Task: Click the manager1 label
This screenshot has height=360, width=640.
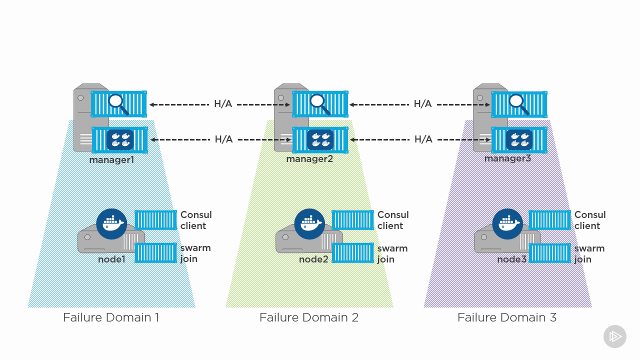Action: [111, 160]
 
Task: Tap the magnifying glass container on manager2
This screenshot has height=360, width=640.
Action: [320, 104]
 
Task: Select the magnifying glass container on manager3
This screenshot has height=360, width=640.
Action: [519, 104]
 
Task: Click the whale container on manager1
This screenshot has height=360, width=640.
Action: [120, 140]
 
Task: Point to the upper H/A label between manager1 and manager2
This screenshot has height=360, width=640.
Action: [223, 104]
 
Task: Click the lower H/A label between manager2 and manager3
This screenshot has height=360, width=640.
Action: [423, 139]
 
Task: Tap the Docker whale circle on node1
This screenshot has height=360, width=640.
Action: [111, 223]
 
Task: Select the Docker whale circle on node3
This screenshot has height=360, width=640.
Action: [507, 223]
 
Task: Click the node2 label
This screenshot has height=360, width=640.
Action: [313, 259]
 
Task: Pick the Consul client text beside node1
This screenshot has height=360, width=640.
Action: [195, 220]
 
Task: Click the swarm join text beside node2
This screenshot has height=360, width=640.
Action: [392, 253]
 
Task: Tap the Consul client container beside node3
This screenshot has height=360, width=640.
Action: [549, 220]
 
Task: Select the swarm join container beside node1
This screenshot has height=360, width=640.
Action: [155, 253]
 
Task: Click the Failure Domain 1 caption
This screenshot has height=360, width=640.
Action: [111, 317]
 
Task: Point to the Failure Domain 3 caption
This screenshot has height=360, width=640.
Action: [506, 317]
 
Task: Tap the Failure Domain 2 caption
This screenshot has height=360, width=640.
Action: [308, 317]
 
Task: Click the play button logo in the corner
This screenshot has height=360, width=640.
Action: [614, 336]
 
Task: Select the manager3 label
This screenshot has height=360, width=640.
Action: [507, 158]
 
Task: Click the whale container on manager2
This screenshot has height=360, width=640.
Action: [320, 140]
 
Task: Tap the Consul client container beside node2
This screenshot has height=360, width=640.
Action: [352, 220]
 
